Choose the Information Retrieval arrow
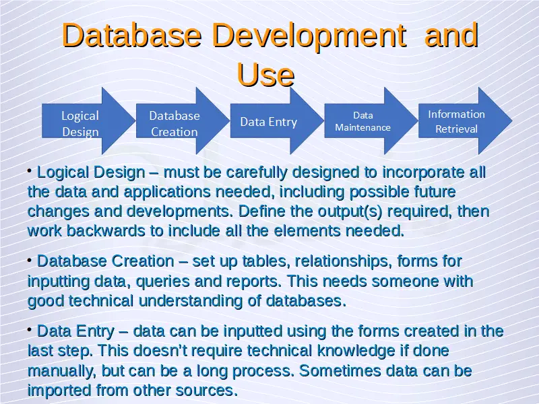pyautogui.click(x=465, y=121)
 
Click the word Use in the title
pyautogui.click(x=265, y=75)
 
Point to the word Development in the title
pyautogui.click(x=309, y=36)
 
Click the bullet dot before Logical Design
pyautogui.click(x=30, y=170)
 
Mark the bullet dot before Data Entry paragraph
pyautogui.click(x=30, y=329)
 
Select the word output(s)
pyautogui.click(x=350, y=211)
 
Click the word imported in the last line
pyautogui.click(x=59, y=391)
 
